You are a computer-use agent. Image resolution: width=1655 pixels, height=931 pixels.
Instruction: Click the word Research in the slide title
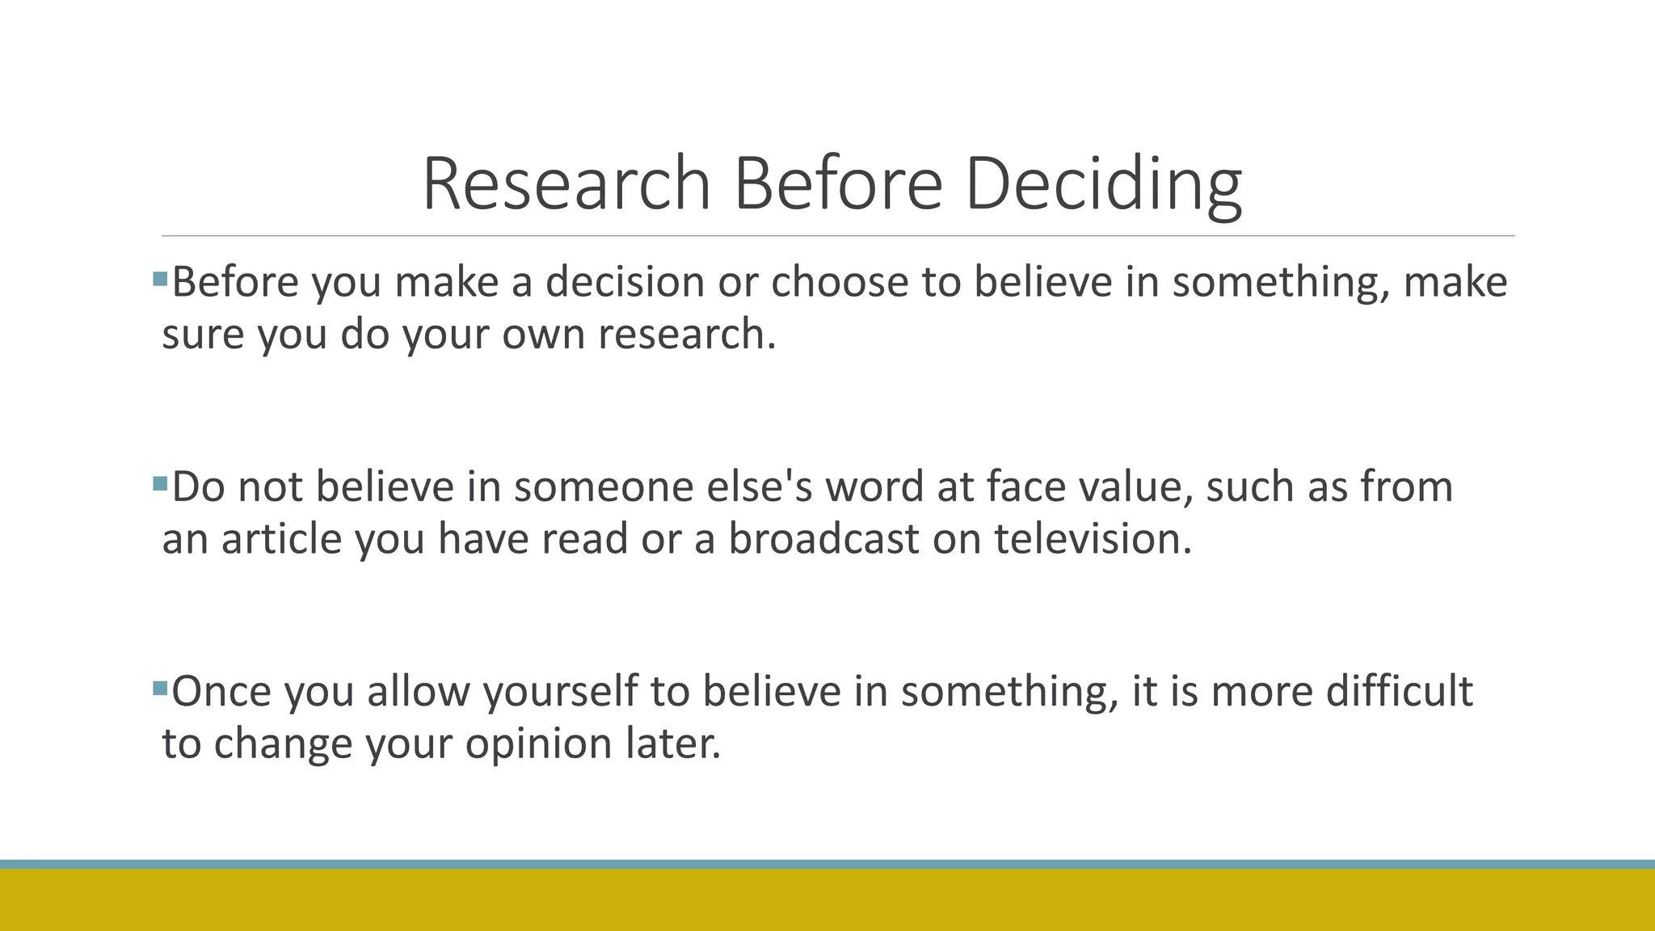coord(566,184)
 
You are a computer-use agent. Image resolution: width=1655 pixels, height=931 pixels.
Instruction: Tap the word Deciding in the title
coord(1103,184)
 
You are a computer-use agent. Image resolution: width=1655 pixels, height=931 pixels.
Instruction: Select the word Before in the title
coord(838,184)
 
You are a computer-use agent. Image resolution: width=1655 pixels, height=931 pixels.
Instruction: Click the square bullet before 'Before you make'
coord(159,280)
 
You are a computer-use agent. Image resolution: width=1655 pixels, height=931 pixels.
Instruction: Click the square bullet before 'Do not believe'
coord(159,484)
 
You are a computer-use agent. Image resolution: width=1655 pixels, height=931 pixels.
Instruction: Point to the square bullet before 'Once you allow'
coord(159,689)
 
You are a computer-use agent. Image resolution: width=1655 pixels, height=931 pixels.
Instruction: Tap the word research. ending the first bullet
coord(687,335)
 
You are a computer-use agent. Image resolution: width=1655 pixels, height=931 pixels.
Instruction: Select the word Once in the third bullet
coord(221,692)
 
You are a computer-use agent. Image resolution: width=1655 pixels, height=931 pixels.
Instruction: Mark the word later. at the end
coord(673,744)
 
